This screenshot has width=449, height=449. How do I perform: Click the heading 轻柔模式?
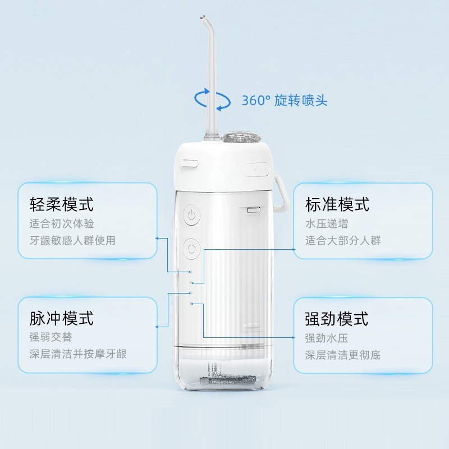point(62,204)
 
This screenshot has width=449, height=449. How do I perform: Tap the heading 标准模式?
point(337,204)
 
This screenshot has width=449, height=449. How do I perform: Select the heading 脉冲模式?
point(62,319)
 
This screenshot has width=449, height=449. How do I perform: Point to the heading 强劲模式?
point(337,319)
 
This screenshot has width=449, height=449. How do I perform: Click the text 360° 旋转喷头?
point(285,101)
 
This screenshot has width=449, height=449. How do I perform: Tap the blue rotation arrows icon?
point(212,100)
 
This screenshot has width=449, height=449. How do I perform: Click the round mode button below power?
point(192,246)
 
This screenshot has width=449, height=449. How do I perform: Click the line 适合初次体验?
point(62,223)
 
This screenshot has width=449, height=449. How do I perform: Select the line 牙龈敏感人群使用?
point(72,240)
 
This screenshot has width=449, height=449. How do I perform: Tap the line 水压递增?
point(327,223)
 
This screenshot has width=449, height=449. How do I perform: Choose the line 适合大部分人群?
point(343,240)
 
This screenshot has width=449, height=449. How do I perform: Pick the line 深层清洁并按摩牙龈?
point(78,354)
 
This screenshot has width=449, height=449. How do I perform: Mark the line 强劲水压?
point(327,338)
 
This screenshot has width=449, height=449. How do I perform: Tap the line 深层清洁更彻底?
point(343,355)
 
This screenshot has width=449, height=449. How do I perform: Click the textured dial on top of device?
point(240,137)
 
